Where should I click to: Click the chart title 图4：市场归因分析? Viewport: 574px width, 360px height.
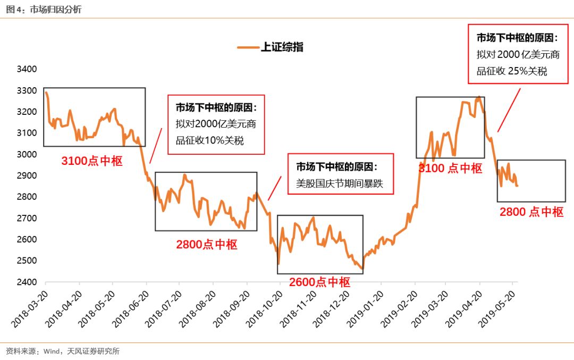[x=44, y=9]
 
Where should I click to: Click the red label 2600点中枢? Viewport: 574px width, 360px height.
[x=319, y=282]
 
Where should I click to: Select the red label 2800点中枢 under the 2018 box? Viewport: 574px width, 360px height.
[x=207, y=245]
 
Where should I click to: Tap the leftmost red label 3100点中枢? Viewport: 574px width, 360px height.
[x=92, y=161]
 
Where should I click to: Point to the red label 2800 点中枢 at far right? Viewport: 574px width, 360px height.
[x=531, y=212]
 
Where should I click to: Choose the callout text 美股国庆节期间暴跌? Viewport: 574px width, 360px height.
[x=340, y=185]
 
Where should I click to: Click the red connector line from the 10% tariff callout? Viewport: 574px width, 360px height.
[x=156, y=145]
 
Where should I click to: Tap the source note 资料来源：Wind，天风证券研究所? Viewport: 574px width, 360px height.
[x=62, y=351]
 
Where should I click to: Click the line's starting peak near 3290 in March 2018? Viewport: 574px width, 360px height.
[x=46, y=93]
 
